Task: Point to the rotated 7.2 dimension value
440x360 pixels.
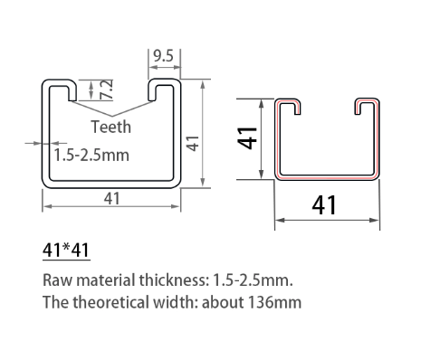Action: click(106, 89)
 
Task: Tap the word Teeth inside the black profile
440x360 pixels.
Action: click(111, 128)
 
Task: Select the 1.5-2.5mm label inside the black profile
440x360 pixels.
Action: click(91, 155)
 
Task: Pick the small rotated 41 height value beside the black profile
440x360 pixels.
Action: click(191, 142)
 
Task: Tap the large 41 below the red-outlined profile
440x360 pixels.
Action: click(324, 205)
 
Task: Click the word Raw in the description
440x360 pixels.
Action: click(57, 279)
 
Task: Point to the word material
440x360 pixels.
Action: click(105, 279)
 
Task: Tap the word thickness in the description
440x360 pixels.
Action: click(173, 279)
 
